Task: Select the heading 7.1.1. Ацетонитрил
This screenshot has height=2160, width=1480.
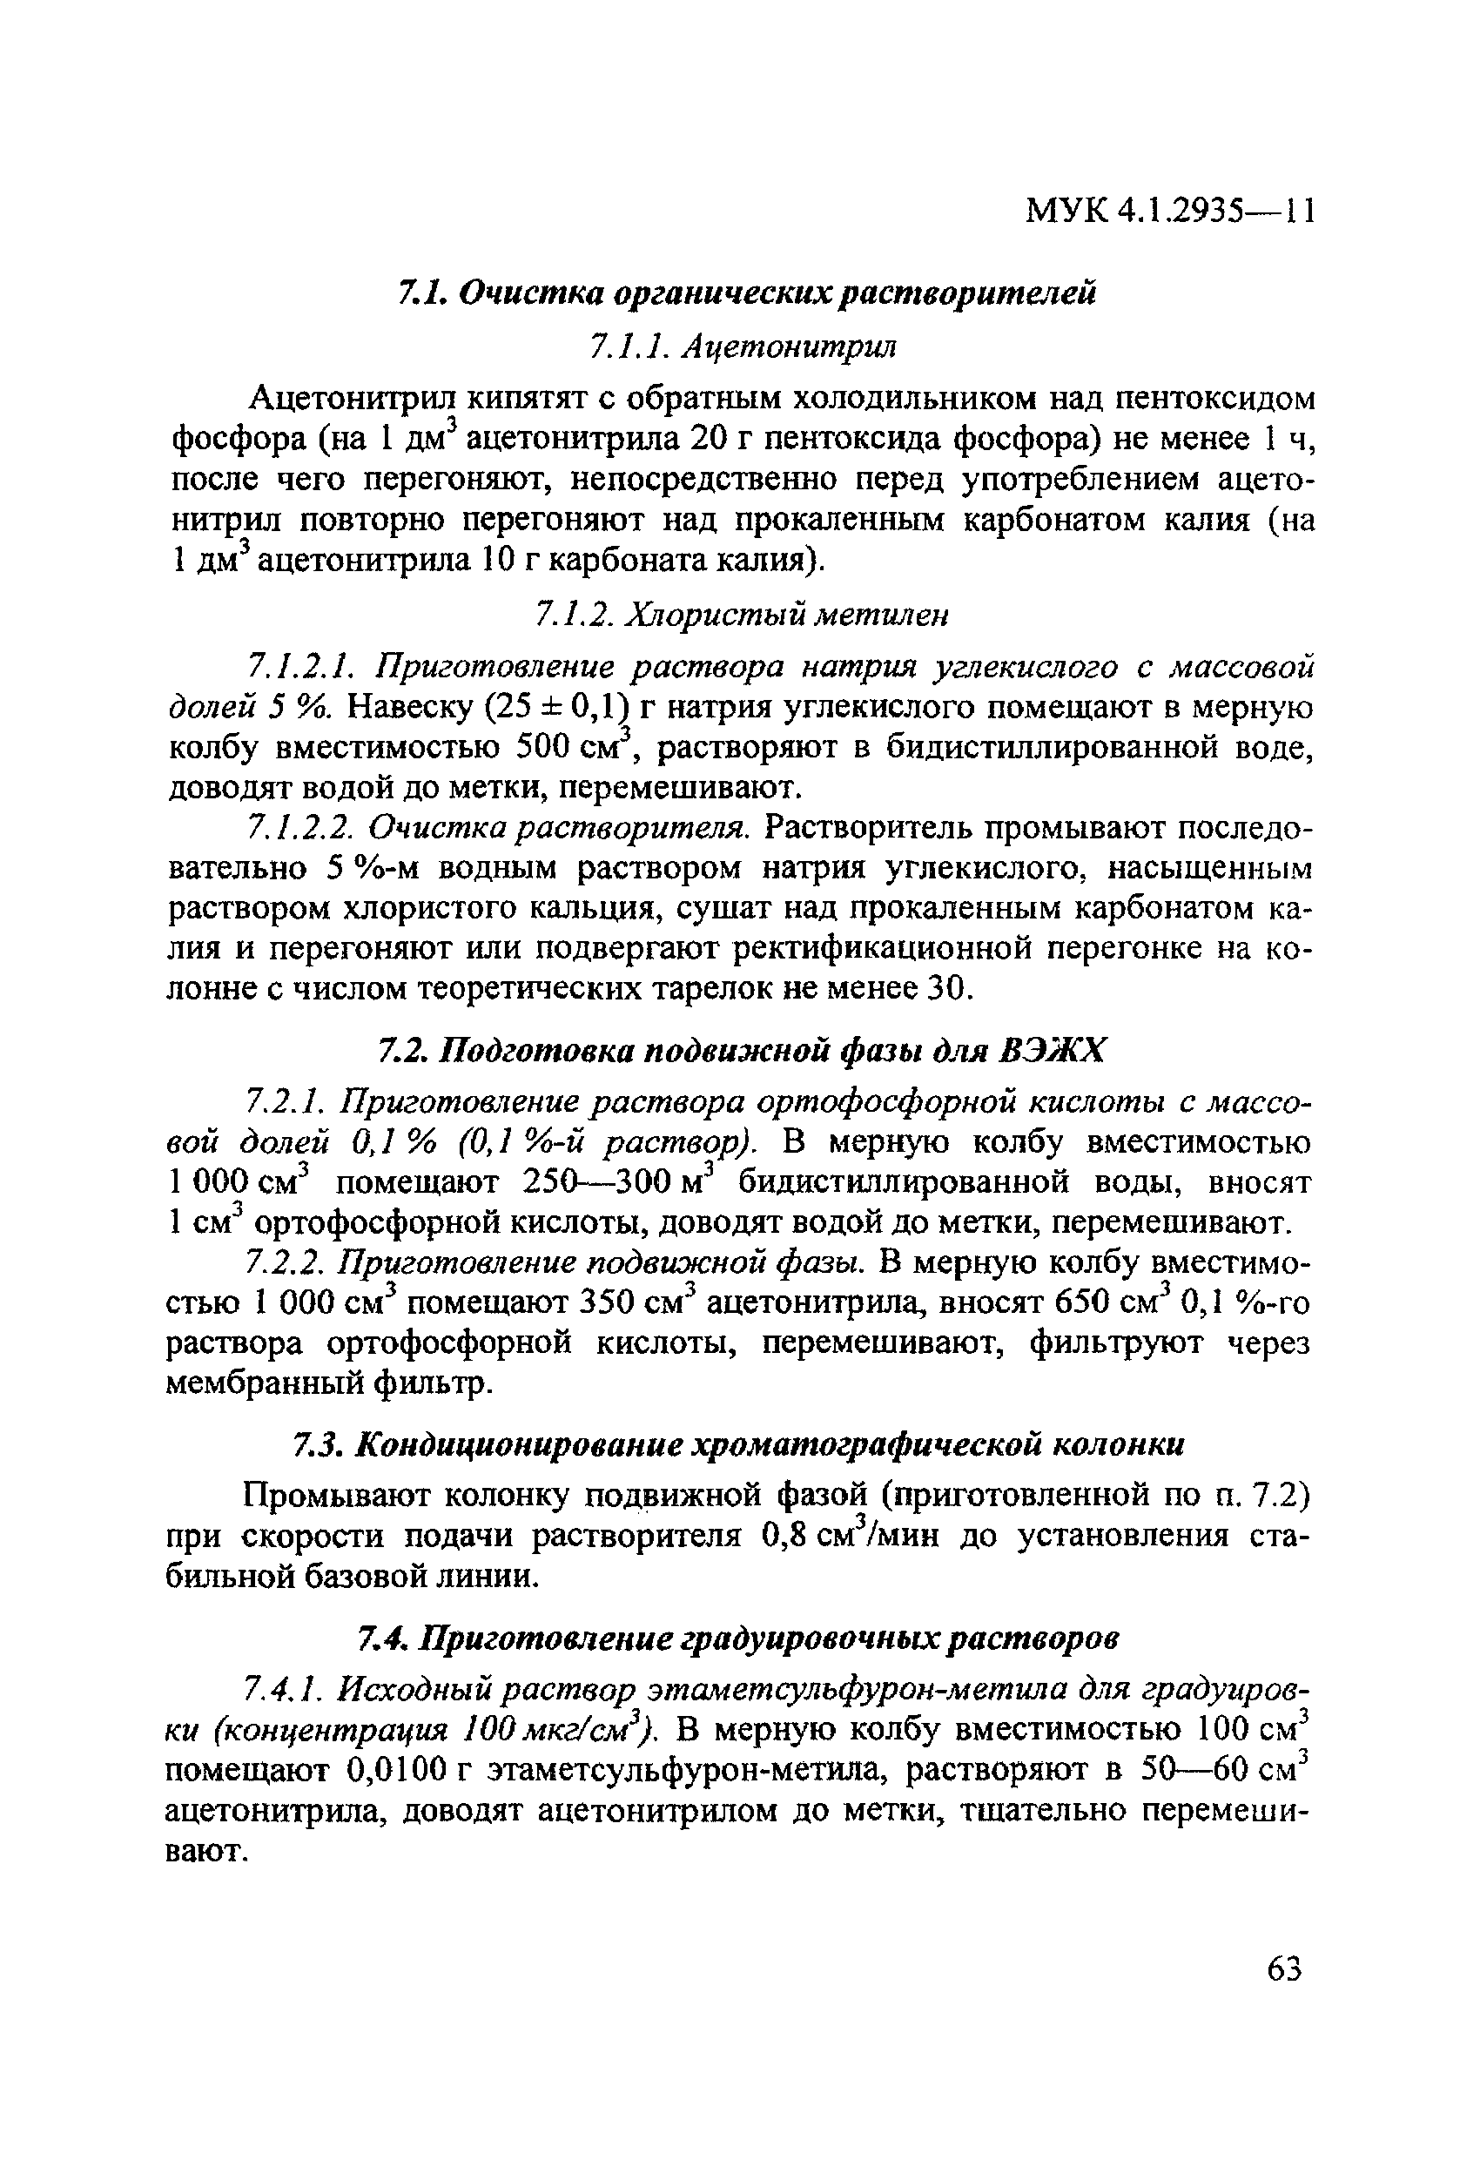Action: (743, 347)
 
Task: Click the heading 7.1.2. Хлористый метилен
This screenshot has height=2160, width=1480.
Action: (743, 614)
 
